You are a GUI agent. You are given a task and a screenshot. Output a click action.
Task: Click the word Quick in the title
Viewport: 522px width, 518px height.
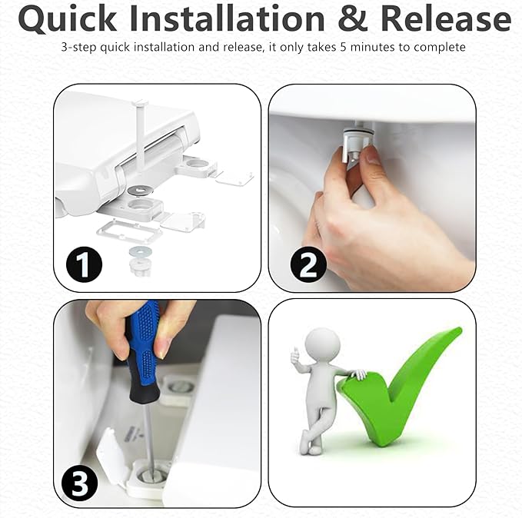(x=68, y=18)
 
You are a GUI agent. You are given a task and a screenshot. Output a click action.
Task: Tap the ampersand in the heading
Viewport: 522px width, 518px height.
(x=353, y=18)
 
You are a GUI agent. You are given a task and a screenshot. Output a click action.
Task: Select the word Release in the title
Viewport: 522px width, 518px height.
(x=445, y=18)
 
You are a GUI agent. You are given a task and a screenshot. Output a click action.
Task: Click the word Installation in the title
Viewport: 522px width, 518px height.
(x=227, y=18)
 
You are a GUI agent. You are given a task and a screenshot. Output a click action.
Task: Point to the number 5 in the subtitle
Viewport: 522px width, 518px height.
(x=343, y=47)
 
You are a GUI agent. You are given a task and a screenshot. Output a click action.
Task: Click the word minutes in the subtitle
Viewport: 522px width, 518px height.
(x=373, y=47)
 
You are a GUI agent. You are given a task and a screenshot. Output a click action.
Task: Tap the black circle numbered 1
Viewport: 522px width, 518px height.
(x=84, y=264)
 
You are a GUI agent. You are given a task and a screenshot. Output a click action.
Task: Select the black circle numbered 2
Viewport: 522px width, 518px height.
(x=308, y=264)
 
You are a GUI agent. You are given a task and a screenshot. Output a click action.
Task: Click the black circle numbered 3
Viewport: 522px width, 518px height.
(x=80, y=483)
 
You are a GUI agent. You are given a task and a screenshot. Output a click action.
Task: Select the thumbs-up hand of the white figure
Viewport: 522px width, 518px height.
(x=295, y=357)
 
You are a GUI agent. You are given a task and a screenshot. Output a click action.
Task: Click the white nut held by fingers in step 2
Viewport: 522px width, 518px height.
(x=355, y=143)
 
